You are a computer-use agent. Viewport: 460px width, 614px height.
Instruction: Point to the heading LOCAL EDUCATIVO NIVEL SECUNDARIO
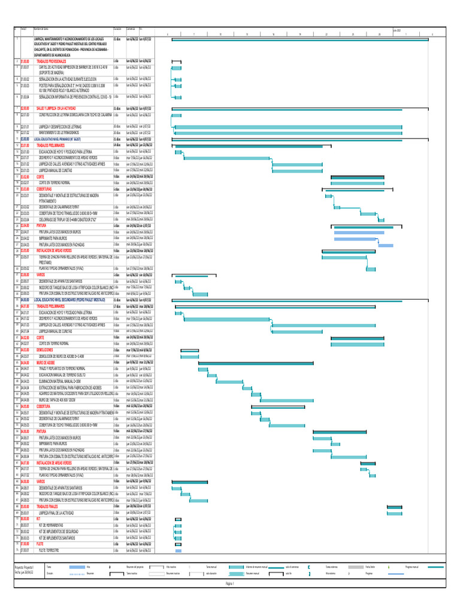point(69,299)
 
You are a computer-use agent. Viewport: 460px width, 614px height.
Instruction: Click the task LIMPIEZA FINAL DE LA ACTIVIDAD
point(56,513)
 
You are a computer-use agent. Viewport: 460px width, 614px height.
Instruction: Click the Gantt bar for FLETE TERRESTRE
point(178,551)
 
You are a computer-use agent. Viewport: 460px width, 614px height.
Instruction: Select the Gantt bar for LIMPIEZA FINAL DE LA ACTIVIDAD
point(394,513)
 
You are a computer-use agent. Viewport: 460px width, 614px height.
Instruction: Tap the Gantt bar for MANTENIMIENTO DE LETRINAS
point(288,133)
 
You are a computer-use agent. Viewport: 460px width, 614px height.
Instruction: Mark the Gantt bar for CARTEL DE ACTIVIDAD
point(176,68)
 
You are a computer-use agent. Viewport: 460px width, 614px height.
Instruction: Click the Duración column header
point(117,29)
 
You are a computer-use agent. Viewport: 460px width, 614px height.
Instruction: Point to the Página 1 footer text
point(230,583)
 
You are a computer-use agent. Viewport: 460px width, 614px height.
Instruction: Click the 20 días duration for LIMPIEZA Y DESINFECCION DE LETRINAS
point(117,127)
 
